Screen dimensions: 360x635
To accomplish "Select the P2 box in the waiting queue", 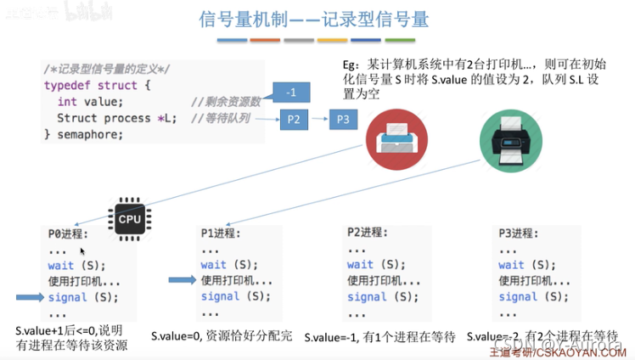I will pyautogui.click(x=294, y=120).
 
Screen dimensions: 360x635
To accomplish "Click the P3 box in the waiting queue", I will pyautogui.click(x=342, y=120).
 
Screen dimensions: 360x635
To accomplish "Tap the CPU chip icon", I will pyautogui.click(x=130, y=219).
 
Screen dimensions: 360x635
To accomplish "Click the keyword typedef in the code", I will pyautogui.click(x=68, y=86).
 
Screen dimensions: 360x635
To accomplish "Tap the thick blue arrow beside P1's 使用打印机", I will pyautogui.click(x=181, y=280).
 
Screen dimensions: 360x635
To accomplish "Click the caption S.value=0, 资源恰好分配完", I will pyautogui.click(x=222, y=335).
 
